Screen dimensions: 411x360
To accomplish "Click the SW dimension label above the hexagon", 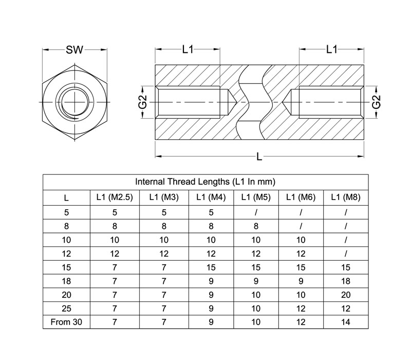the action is click(x=74, y=49).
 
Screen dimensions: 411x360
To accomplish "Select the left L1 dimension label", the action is click(x=188, y=49).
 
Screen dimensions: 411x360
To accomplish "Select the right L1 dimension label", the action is click(x=331, y=49).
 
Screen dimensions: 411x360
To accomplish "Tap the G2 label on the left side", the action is click(x=143, y=102).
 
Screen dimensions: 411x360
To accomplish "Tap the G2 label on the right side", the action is click(x=376, y=102).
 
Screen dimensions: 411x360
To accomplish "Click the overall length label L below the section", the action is click(x=259, y=157).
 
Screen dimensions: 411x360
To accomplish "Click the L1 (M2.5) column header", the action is click(x=115, y=197).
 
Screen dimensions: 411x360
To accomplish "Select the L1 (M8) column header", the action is click(x=346, y=197).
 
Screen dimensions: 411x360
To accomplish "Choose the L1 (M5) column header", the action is click(x=256, y=197).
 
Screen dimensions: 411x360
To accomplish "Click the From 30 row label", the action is click(x=66, y=322).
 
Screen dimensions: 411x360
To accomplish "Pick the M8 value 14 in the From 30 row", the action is click(x=346, y=322).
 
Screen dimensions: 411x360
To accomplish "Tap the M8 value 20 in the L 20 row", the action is click(x=346, y=295).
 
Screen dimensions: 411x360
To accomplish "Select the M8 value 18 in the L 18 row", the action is click(x=346, y=281).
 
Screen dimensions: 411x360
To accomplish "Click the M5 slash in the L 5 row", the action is click(x=256, y=212).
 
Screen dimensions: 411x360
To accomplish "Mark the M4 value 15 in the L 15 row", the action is click(x=211, y=267).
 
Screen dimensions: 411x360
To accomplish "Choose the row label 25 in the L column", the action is click(x=66, y=308).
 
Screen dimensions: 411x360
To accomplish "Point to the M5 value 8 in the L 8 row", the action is click(x=256, y=226).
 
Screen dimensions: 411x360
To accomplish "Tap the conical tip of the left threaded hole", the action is click(x=237, y=102).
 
